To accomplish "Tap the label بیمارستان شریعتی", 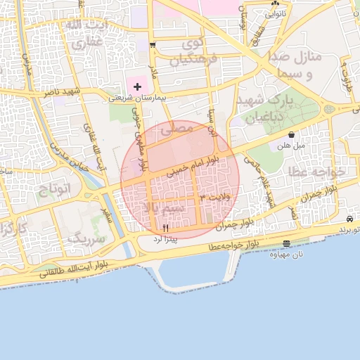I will coord(137,98).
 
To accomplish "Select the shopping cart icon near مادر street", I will coord(153,44).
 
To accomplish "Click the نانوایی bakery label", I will coord(274,13).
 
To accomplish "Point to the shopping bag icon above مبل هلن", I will coord(291,134).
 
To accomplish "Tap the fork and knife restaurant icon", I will coord(166,226).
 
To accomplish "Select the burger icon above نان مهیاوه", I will coord(285,244).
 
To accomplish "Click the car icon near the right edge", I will coord(349,219).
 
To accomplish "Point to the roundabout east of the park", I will coord(328,109).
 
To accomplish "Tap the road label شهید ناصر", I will coord(64,92).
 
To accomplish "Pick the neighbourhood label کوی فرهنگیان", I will coord(188,51).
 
